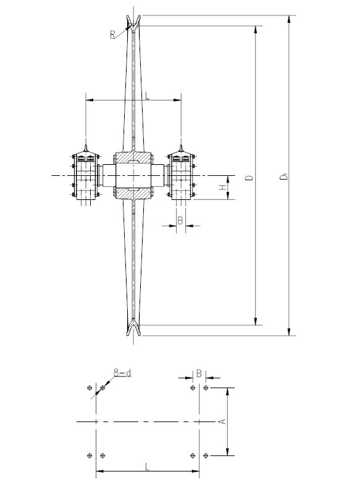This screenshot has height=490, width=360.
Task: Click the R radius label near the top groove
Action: (x=112, y=35)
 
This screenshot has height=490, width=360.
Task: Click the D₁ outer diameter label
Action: (x=284, y=177)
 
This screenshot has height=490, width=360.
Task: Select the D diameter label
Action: (x=249, y=178)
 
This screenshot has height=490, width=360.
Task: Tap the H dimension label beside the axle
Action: (x=222, y=188)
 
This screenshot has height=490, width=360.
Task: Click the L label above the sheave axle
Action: (x=148, y=95)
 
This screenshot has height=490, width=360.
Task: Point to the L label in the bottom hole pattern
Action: (x=148, y=467)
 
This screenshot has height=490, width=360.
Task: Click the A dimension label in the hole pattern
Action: (x=222, y=421)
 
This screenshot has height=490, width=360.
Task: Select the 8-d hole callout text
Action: (x=122, y=373)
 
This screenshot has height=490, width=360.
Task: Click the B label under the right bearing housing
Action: (x=180, y=221)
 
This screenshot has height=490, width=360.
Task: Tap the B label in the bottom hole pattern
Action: (x=199, y=373)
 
